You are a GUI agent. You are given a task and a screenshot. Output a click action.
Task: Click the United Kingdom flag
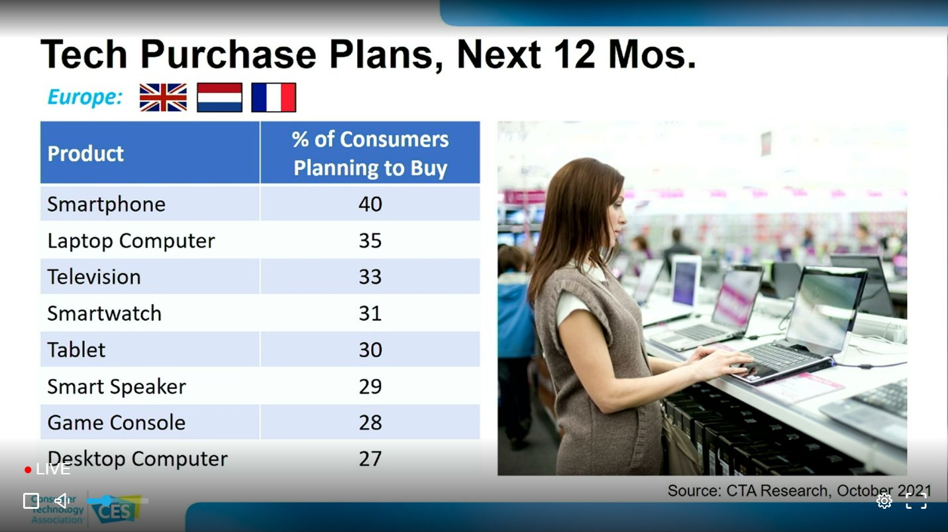[163, 97]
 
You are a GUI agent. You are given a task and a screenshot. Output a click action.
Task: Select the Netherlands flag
[220, 97]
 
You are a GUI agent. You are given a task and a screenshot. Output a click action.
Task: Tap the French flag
[274, 97]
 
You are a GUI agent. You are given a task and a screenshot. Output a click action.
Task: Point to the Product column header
[85, 153]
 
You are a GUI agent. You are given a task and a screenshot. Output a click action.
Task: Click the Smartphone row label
[106, 205]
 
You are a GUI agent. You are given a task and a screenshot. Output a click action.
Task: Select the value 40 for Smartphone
[370, 204]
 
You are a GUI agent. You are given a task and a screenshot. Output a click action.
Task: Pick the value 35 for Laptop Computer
[370, 240]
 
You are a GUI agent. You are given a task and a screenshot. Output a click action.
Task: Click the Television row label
[94, 277]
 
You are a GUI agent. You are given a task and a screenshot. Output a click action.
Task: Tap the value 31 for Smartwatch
[370, 313]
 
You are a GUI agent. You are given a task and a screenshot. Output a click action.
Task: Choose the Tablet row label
[76, 350]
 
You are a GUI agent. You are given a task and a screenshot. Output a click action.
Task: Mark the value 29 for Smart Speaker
[370, 386]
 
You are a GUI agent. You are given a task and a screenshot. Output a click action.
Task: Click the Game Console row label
[117, 423]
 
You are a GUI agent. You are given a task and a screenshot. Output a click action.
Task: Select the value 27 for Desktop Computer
[370, 458]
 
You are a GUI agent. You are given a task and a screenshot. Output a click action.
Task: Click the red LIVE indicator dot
[28, 470]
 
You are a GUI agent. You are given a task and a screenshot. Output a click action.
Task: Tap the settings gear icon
[884, 501]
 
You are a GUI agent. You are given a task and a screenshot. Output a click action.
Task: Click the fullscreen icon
[916, 501]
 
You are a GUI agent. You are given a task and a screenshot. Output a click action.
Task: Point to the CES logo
[115, 509]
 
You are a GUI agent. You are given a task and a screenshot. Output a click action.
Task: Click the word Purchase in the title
[228, 54]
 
